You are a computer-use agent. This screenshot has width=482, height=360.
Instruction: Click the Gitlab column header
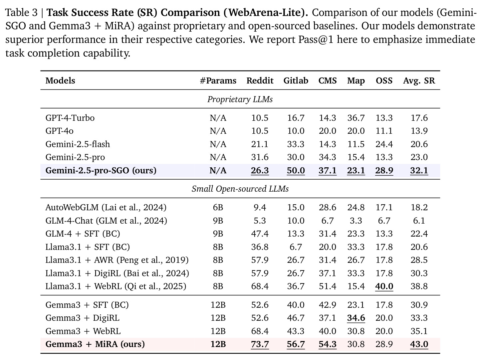click(x=296, y=81)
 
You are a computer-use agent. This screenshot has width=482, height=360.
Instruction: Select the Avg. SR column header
click(x=419, y=81)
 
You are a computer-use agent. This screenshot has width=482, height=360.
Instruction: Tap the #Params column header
click(x=218, y=81)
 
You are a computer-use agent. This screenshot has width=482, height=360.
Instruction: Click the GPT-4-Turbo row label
click(x=70, y=118)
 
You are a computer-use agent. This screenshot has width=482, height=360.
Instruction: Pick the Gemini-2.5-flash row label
click(x=78, y=144)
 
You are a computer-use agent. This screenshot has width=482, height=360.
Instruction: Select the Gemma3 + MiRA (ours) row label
click(x=95, y=344)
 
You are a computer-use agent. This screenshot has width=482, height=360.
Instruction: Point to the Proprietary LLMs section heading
click(x=240, y=99)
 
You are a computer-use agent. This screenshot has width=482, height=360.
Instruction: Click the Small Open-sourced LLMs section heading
click(x=240, y=189)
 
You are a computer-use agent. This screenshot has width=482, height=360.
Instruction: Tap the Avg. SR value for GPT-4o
click(x=419, y=131)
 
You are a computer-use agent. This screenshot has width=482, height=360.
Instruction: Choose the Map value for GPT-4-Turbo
click(x=356, y=118)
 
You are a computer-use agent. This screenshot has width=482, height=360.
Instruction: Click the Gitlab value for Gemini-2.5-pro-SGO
click(x=296, y=170)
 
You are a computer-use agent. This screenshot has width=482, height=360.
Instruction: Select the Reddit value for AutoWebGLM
click(x=260, y=207)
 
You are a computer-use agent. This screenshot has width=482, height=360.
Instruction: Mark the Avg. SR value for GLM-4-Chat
click(x=419, y=221)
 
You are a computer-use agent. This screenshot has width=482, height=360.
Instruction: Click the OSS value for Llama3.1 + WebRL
click(x=384, y=286)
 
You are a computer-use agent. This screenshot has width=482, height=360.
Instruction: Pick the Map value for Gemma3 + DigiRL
click(x=356, y=318)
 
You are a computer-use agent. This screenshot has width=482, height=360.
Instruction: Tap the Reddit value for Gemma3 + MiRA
click(x=260, y=344)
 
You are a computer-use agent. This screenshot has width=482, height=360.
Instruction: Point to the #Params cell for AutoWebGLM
click(x=218, y=207)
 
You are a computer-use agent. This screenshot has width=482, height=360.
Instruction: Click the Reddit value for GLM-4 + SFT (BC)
click(x=260, y=234)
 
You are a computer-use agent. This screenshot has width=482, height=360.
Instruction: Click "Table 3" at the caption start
click(x=21, y=13)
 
